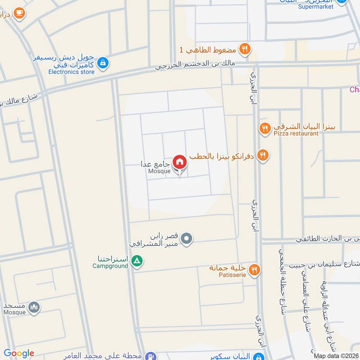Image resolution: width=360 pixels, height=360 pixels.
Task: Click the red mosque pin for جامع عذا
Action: (180, 162)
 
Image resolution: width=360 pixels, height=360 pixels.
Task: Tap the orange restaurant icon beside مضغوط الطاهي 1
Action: (244, 49)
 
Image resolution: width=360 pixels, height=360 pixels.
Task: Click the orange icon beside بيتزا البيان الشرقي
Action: (265, 129)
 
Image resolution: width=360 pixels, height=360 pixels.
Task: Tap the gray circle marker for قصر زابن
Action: (187, 238)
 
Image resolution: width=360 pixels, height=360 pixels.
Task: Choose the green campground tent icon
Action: (138, 261)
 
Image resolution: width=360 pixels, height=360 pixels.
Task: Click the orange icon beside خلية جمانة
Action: (255, 270)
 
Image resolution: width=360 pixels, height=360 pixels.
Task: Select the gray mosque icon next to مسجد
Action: (34, 308)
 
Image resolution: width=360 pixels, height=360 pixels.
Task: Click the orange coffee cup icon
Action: (19, 13)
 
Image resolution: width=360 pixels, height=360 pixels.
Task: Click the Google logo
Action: (18, 353)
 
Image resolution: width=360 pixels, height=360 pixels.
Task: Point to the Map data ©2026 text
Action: (336, 355)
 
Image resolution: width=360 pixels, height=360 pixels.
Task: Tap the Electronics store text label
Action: (72, 72)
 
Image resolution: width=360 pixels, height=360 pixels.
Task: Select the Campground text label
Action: (110, 266)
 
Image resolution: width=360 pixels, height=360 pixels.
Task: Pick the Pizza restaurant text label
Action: (295, 134)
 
